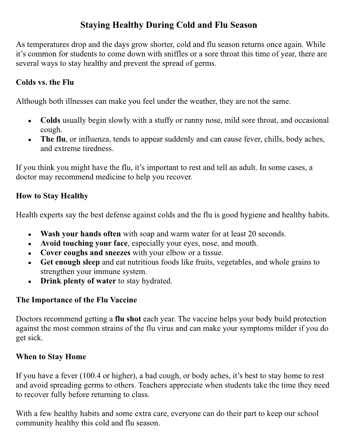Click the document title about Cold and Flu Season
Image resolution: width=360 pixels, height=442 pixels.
coord(169,25)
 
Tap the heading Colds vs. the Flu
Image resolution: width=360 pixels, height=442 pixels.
coord(45,82)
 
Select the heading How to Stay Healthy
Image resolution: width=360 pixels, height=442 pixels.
coord(52,196)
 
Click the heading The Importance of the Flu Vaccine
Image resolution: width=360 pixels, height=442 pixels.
coord(76,300)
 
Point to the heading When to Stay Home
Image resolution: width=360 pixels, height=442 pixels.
coord(51,356)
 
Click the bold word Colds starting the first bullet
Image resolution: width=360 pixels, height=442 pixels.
coord(50,120)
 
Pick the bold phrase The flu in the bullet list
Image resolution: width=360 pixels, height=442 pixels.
coord(53,139)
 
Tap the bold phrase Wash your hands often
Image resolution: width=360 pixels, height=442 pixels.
coord(81,234)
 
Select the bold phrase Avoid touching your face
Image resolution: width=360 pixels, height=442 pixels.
coord(84,243)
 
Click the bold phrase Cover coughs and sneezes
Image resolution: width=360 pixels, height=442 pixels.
coord(85,253)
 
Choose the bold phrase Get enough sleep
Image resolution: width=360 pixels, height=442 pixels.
coord(70,262)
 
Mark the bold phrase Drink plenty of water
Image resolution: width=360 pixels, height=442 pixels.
coord(78,281)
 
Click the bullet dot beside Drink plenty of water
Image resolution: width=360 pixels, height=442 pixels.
coord(30,281)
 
